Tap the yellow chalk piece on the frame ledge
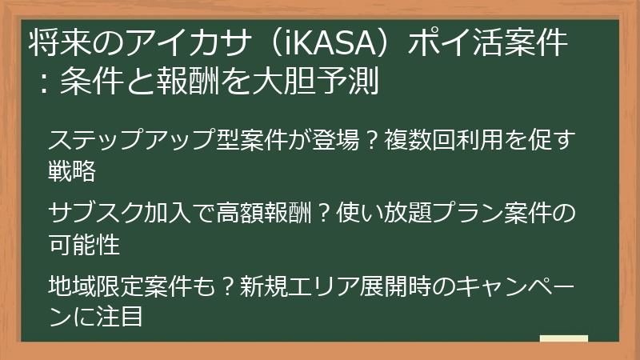click(563, 340)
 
